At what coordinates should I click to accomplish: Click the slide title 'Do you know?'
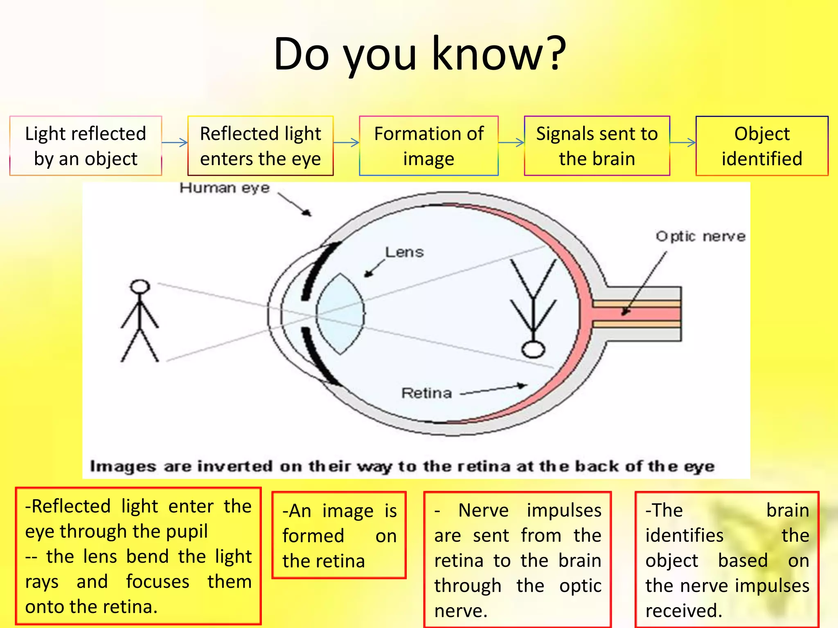[x=420, y=54]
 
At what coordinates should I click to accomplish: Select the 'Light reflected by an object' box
[x=86, y=146]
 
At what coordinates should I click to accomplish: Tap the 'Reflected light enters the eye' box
[x=260, y=146]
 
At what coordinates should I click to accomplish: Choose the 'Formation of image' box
[x=428, y=146]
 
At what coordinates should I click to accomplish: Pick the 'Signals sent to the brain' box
[x=597, y=146]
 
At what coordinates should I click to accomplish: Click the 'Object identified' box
[x=761, y=146]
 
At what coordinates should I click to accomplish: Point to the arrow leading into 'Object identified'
[x=683, y=142]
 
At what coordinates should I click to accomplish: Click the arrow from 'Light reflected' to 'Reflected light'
[x=175, y=142]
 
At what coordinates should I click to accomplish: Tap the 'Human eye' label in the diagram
[x=225, y=188]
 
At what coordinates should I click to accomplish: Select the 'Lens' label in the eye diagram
[x=404, y=252]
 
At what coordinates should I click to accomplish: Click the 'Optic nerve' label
[x=701, y=236]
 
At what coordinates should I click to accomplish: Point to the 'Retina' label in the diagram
[x=426, y=393]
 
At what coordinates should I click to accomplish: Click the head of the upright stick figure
[x=140, y=287]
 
